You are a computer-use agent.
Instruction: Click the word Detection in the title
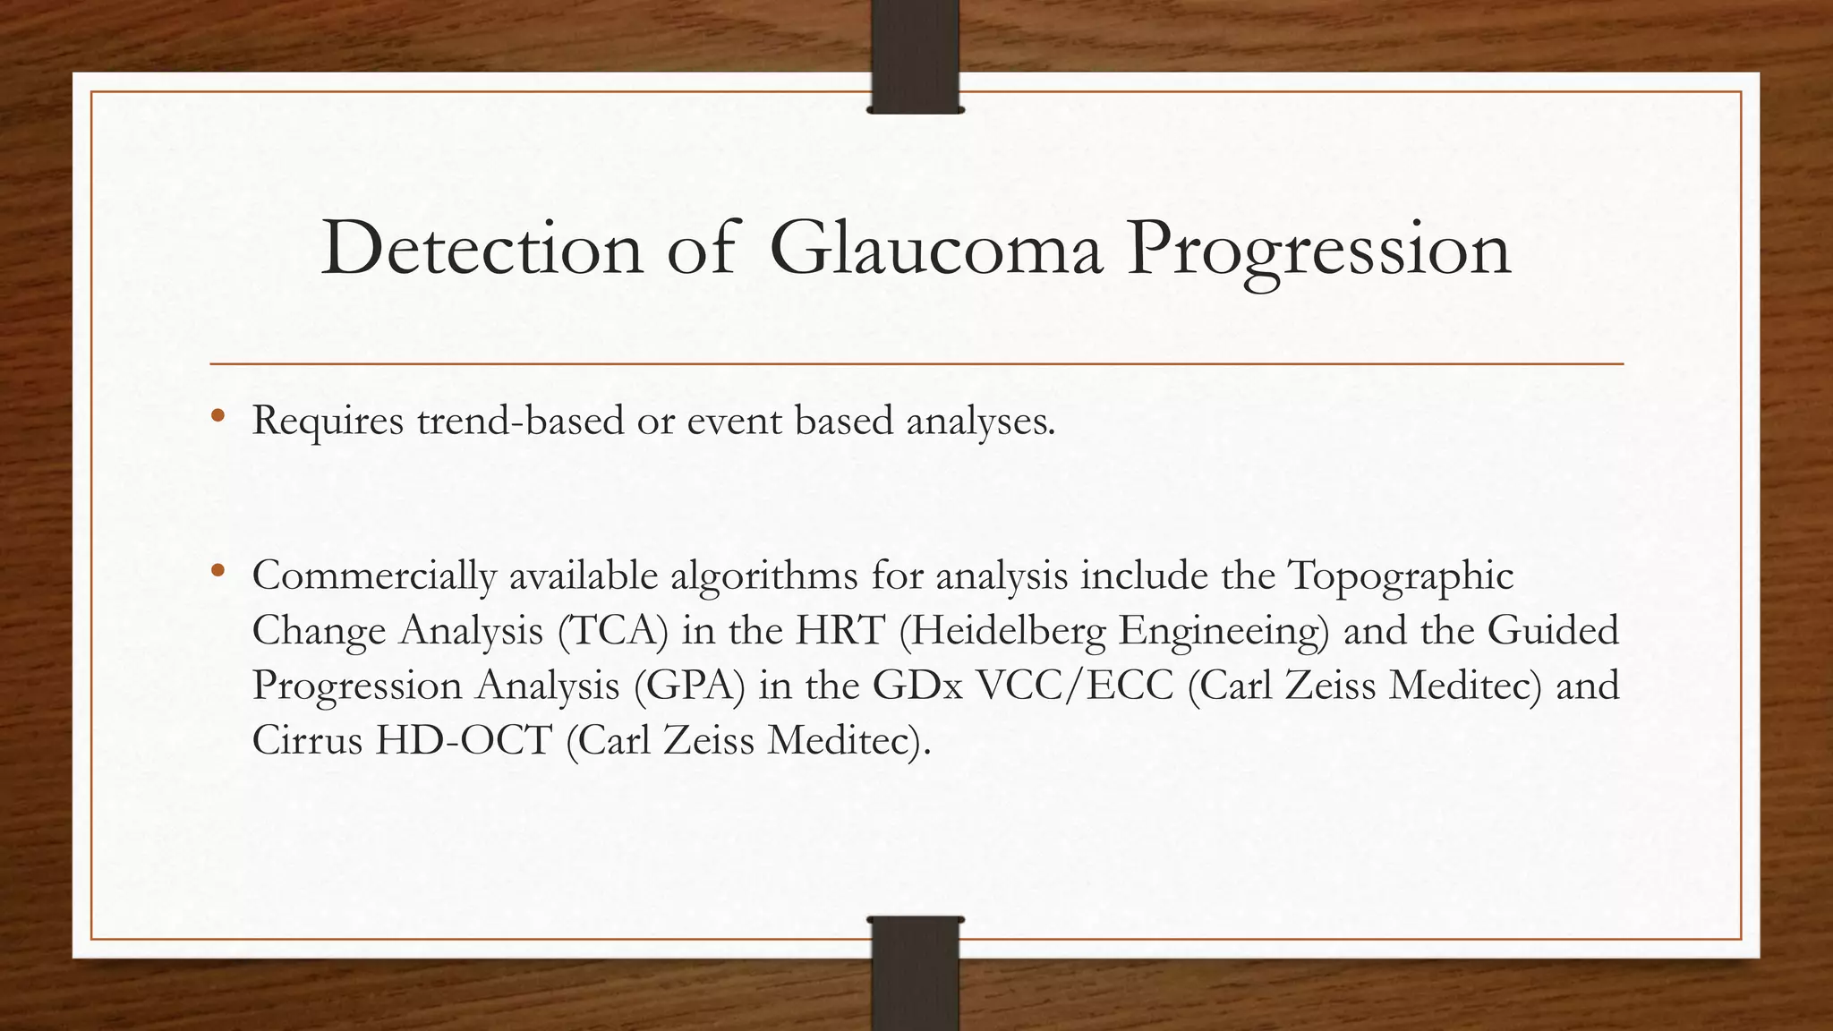point(482,249)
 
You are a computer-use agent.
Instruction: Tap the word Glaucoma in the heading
point(934,249)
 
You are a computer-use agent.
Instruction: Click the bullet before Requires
point(217,416)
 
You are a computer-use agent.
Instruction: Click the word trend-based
point(520,421)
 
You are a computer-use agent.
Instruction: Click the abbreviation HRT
point(840,631)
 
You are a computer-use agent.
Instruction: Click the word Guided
point(1553,631)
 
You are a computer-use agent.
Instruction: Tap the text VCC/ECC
point(1074,686)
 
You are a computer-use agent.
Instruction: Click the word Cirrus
point(306,741)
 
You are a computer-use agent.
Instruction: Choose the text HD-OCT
point(463,741)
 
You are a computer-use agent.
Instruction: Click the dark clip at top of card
point(915,55)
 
